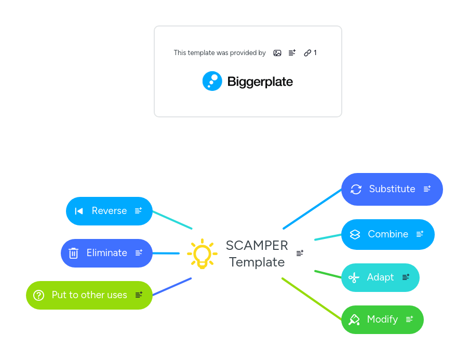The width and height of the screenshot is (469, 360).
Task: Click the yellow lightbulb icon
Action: (202, 254)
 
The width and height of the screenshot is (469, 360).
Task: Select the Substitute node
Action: (392, 189)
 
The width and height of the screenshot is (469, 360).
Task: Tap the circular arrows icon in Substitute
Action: (356, 189)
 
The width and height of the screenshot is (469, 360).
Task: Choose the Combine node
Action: (388, 234)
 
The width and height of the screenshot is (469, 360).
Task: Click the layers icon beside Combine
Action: (355, 234)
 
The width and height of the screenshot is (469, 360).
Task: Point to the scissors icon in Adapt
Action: (354, 277)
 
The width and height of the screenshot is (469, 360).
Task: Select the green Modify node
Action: (382, 319)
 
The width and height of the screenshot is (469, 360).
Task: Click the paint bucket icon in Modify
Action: (354, 319)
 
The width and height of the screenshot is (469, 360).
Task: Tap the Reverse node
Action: (109, 211)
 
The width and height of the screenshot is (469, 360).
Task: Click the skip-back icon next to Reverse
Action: (79, 211)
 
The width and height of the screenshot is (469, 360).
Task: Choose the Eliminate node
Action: (106, 253)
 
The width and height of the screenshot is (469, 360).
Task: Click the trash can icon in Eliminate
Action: (73, 253)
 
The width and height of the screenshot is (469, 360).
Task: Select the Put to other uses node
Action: (89, 295)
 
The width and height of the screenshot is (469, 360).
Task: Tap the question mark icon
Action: (38, 295)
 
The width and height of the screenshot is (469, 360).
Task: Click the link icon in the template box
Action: (307, 53)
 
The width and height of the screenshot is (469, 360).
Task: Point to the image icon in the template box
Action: (277, 53)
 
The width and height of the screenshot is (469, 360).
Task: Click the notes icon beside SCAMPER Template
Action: (300, 253)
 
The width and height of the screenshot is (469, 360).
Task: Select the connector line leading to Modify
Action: (312, 299)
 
